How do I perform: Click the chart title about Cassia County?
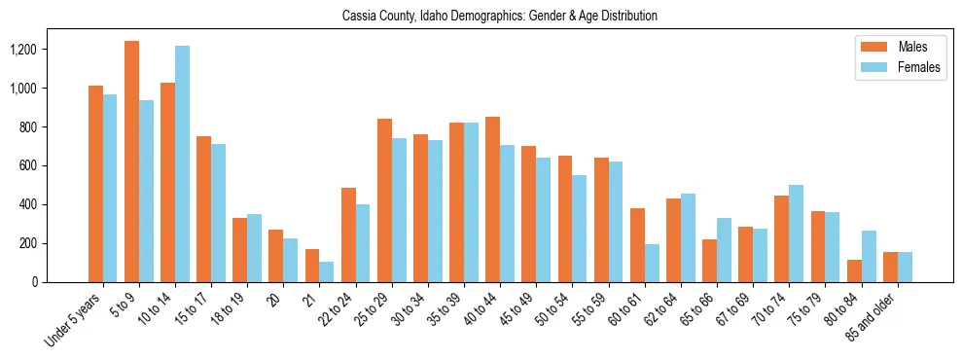pos(500,17)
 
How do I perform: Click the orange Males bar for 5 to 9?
pos(131,162)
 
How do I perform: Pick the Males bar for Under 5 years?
pos(95,184)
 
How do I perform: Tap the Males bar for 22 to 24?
pos(348,234)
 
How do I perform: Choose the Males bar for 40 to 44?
pos(492,199)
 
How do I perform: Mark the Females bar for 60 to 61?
pos(652,263)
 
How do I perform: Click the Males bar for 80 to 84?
pos(854,270)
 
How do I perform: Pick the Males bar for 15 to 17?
pos(203,209)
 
